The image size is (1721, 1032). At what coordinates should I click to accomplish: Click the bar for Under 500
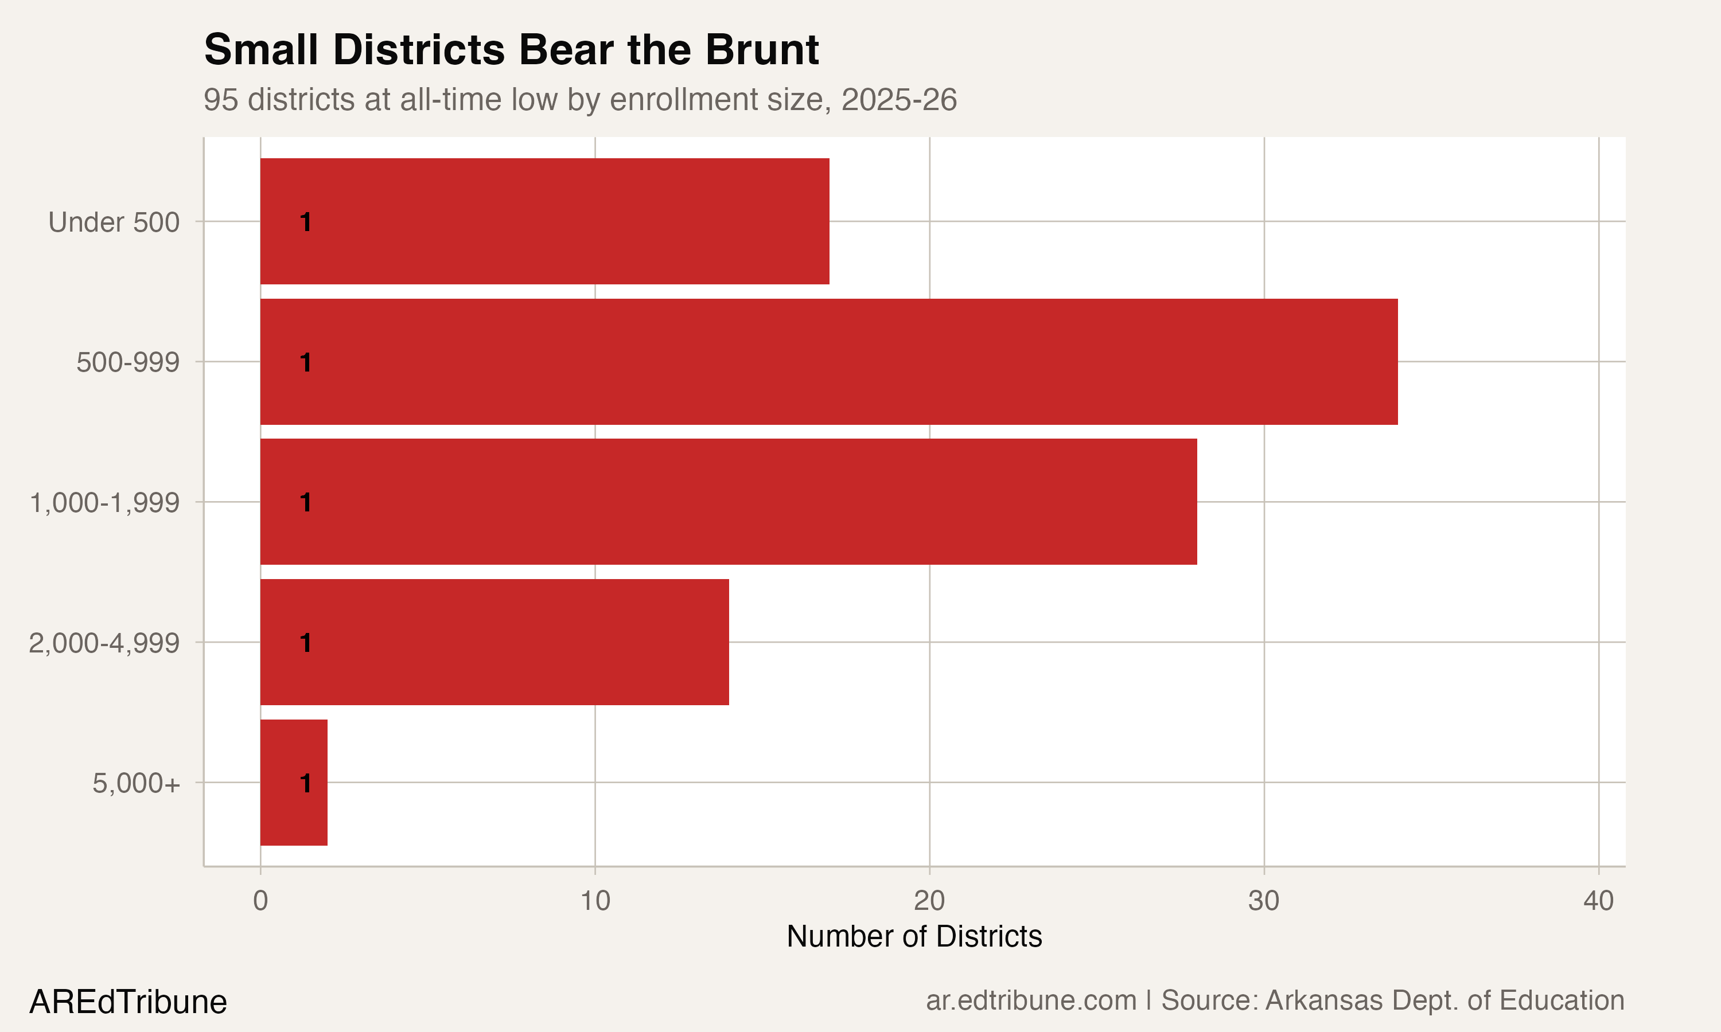point(544,221)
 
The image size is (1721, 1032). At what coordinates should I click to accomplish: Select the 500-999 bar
point(828,362)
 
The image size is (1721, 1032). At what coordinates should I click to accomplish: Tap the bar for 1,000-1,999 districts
point(729,502)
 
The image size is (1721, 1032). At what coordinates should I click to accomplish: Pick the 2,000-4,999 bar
point(495,642)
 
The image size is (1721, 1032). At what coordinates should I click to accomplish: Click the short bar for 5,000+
point(294,783)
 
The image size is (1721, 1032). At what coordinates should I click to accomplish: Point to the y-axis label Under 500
point(114,222)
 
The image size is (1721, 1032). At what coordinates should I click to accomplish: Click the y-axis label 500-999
point(128,362)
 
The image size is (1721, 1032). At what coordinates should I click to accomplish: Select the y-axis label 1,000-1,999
point(104,503)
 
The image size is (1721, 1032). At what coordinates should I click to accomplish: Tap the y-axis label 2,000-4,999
point(104,643)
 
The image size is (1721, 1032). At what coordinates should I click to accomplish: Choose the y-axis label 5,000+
point(137,784)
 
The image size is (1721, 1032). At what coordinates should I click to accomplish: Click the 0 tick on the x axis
point(260,901)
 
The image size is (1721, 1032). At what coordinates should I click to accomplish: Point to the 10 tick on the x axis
point(595,901)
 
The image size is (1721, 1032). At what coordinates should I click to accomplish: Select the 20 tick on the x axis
point(929,901)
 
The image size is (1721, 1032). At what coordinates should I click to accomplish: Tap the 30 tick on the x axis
point(1264,901)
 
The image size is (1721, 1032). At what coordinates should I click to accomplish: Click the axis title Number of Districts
point(914,937)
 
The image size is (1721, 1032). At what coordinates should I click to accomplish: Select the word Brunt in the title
point(762,50)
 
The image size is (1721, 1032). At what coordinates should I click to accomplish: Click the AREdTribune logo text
point(128,1002)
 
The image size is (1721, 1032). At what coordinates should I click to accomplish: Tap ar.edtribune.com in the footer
point(1031,1000)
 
